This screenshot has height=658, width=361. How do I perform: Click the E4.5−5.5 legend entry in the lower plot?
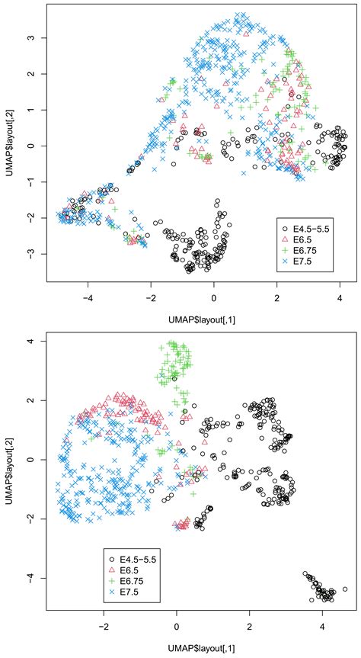tap(139, 558)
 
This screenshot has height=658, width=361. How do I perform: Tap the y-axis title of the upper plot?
tap(9, 145)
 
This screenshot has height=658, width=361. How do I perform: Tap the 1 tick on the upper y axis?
tap(31, 110)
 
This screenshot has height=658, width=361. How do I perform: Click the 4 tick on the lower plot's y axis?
tap(31, 341)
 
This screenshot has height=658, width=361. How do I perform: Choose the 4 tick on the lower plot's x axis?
tap(321, 621)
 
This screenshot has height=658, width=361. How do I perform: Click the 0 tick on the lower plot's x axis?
tap(177, 621)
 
